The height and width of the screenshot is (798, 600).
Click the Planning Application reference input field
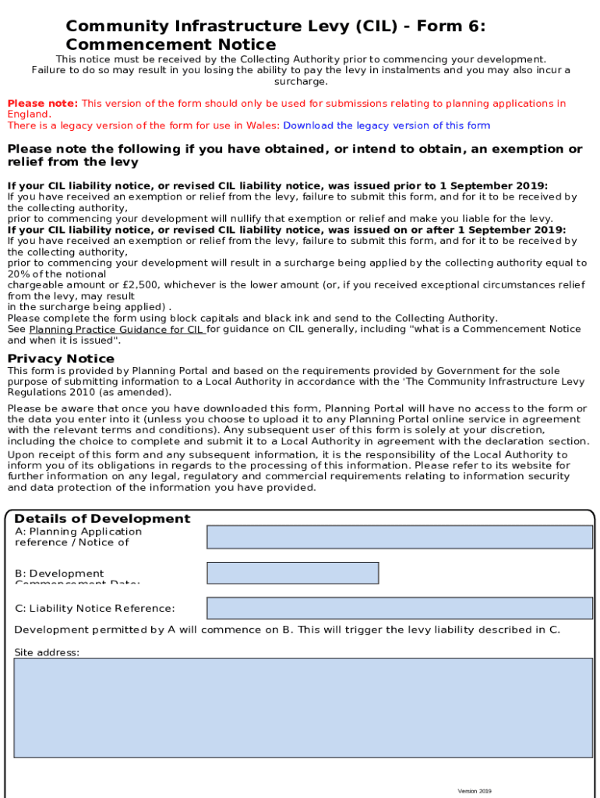[x=399, y=537]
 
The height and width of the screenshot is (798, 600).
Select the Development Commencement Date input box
[x=292, y=573]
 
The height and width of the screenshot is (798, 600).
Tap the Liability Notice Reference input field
[x=399, y=608]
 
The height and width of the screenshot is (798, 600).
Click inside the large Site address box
[x=302, y=707]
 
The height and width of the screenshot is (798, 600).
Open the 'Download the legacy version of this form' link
[x=386, y=125]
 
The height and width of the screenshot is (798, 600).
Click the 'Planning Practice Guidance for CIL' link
[x=116, y=330]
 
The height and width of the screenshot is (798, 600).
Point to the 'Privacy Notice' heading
[x=61, y=358]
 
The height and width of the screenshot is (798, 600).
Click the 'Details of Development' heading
[x=102, y=519]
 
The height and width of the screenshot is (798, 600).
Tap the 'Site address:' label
[x=47, y=652]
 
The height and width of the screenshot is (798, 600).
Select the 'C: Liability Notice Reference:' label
[x=95, y=609]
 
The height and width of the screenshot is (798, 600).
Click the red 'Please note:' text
[x=42, y=104]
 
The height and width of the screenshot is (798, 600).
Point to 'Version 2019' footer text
[x=475, y=791]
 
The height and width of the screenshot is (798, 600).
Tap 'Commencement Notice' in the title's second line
[x=171, y=44]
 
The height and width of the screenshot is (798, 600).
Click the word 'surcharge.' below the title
[x=301, y=81]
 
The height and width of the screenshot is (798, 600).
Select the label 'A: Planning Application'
[x=78, y=531]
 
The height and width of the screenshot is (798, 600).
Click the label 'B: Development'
[x=59, y=574]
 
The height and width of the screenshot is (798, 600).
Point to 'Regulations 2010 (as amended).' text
[x=89, y=393]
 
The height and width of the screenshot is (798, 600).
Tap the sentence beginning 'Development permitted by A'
[x=287, y=630]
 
